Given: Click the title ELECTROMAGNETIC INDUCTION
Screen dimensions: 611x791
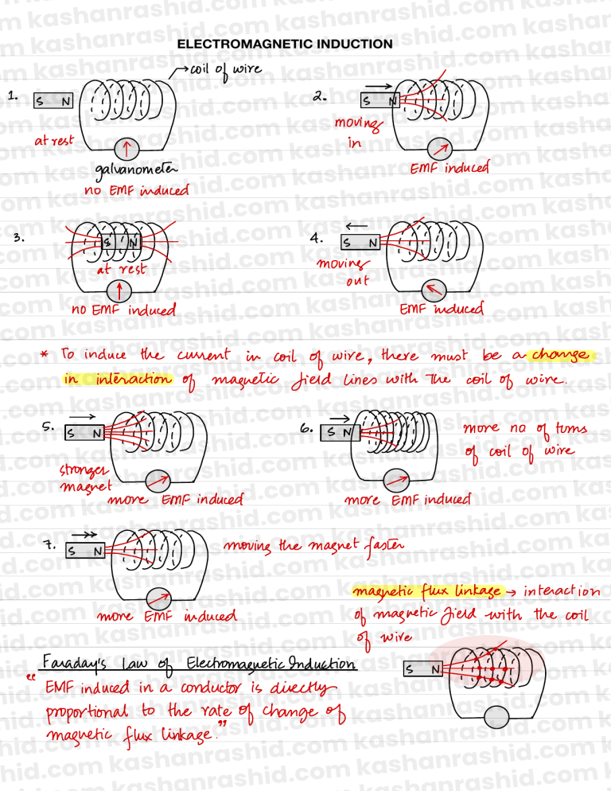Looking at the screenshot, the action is [x=285, y=44].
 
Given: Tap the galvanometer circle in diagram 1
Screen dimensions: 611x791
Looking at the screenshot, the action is [x=126, y=149].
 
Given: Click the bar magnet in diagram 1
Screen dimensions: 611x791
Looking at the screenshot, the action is [x=53, y=100].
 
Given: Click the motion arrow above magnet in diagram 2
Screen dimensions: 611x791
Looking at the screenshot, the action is [x=379, y=86].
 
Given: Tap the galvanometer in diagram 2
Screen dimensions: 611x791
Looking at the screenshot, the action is [x=439, y=149].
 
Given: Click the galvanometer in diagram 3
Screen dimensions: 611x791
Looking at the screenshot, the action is [x=119, y=291].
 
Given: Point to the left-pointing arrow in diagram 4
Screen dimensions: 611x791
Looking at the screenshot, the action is [x=356, y=226].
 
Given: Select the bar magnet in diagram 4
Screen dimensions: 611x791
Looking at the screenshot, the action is [x=360, y=244].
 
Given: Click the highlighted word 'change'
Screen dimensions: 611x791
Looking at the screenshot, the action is [x=560, y=356].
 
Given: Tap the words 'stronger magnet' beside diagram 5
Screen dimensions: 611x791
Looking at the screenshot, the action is [x=84, y=478].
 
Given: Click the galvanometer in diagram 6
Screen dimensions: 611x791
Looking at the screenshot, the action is [x=396, y=481].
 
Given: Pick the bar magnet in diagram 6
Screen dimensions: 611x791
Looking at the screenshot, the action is [x=340, y=432].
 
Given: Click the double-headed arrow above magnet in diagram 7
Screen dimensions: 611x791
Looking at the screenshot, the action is [x=84, y=535].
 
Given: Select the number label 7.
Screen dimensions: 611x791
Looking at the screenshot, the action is [x=49, y=545].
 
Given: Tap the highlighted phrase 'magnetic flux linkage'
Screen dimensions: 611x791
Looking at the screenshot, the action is [x=427, y=591].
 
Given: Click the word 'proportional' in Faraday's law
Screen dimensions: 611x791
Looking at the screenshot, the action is [x=87, y=713].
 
